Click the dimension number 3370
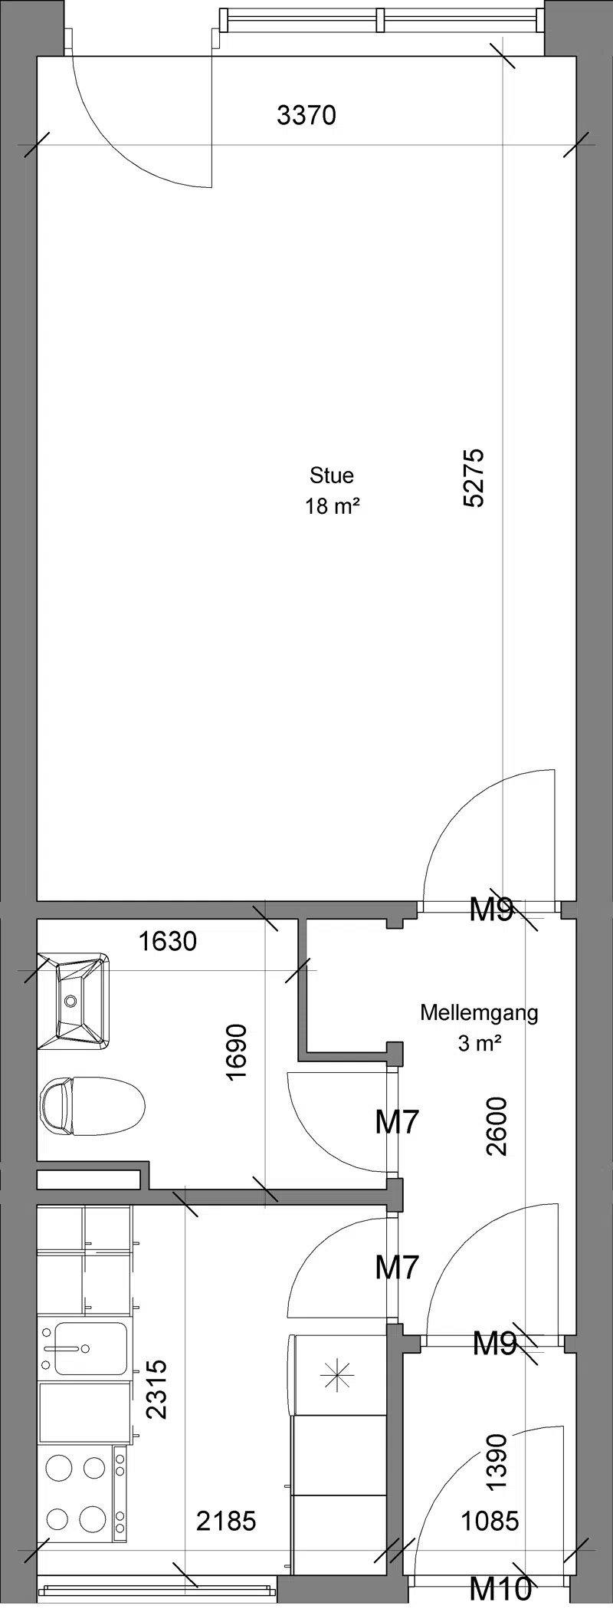click(x=306, y=116)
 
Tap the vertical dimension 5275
click(x=474, y=478)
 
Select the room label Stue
click(x=332, y=475)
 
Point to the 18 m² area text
click(x=333, y=506)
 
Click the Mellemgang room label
click(x=479, y=1013)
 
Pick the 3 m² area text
click(x=480, y=1044)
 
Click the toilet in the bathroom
click(x=92, y=1107)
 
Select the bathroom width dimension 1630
click(x=168, y=941)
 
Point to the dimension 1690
click(x=238, y=1052)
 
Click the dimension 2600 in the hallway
click(x=497, y=1127)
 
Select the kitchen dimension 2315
click(x=156, y=1389)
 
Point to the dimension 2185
click(x=226, y=1520)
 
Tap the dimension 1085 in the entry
click(x=490, y=1520)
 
